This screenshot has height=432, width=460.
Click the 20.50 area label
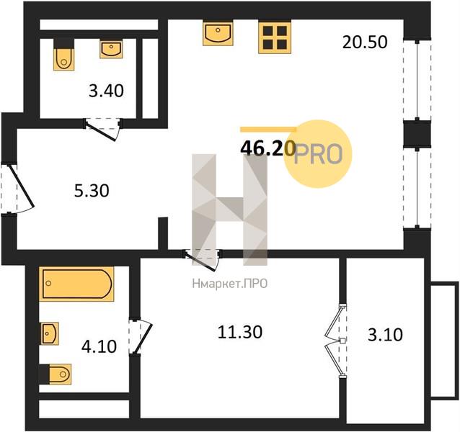point(365,42)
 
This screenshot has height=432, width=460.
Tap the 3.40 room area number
point(106,91)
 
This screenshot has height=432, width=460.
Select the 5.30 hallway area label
point(92,191)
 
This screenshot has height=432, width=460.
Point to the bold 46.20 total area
point(267,148)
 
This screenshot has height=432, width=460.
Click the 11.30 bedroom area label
point(240,332)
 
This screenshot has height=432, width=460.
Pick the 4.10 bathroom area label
point(99,346)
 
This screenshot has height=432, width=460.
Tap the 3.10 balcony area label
point(385,335)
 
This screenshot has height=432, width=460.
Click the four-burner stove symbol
point(275,37)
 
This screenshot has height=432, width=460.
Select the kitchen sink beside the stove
point(218,33)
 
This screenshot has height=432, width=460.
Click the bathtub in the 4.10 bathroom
point(76,284)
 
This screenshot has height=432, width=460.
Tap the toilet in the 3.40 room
point(63,55)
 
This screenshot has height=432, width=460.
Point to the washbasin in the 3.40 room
point(111,49)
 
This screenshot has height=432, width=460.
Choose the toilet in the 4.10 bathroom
point(56,374)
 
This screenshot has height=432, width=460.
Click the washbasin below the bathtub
point(49,333)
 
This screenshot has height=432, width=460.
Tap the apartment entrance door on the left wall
point(18,188)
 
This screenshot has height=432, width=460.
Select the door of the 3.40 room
point(102,129)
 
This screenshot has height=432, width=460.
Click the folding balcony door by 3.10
point(336,341)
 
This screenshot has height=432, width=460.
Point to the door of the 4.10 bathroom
point(141,336)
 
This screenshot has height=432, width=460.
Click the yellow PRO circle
point(318,154)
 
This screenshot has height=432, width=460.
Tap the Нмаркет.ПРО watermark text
point(230,284)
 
